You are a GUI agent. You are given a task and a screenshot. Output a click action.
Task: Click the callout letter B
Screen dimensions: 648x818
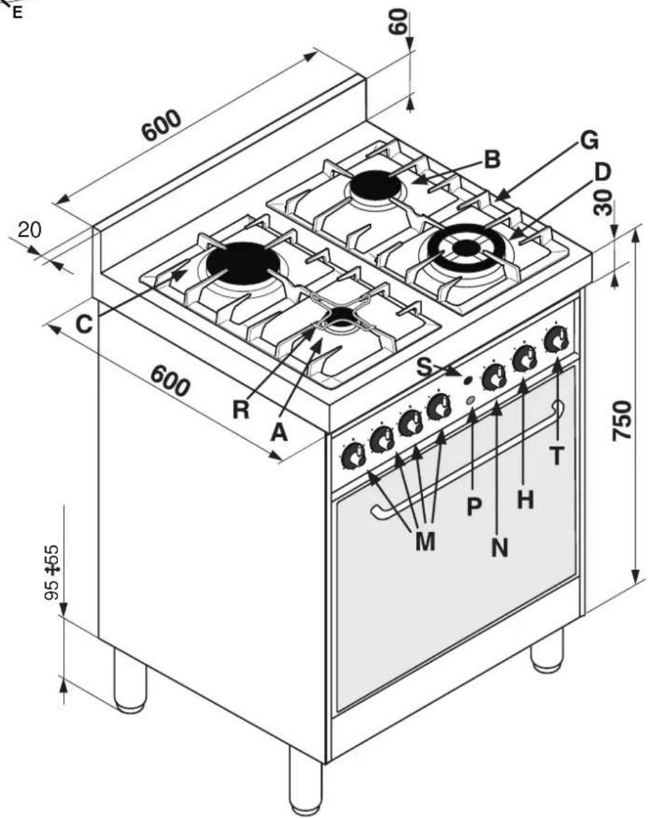pos(492,159)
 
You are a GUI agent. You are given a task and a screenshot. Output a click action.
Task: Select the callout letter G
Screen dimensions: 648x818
pos(589,140)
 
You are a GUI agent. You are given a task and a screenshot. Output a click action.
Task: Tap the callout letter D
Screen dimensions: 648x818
pos(602,172)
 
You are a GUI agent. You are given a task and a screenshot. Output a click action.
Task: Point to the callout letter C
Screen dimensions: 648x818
pos(84,325)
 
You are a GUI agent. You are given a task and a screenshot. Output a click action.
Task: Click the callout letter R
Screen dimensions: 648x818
pos(241,410)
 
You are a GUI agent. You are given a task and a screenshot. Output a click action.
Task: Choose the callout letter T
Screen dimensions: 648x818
pos(557,456)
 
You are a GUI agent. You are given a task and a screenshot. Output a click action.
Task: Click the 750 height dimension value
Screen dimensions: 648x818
pos(623,420)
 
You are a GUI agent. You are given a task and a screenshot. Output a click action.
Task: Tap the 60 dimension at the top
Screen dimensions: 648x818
pos(398,21)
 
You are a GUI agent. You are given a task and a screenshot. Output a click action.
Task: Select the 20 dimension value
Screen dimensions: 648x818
pos(29,229)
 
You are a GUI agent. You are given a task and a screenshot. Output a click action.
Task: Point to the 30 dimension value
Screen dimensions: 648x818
pos(603,203)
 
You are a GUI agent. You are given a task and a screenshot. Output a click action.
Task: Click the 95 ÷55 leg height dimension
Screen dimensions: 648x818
pos(51,572)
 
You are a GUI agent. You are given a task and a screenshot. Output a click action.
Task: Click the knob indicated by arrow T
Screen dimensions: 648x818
pos(557,339)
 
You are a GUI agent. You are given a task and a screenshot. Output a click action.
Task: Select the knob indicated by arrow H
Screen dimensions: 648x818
pos(524,358)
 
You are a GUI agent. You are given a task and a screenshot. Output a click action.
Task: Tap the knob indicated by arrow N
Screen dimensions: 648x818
pos(493,377)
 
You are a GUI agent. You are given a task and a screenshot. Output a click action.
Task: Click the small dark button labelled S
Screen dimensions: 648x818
pos(467,381)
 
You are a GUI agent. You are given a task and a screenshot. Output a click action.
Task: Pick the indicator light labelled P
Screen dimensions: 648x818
pos(470,400)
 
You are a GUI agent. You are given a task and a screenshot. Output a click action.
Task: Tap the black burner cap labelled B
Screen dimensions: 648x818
pos(375,184)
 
